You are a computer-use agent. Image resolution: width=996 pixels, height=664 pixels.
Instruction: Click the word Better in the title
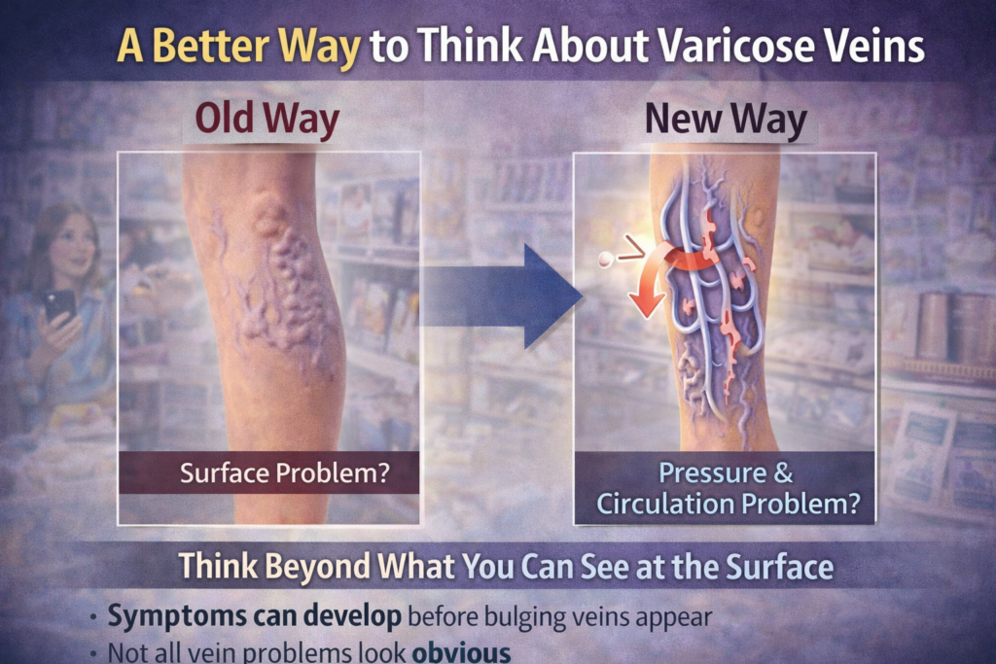click(207, 46)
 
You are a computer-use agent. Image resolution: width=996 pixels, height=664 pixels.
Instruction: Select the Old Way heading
click(267, 120)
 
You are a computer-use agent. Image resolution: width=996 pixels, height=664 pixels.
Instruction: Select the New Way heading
click(727, 120)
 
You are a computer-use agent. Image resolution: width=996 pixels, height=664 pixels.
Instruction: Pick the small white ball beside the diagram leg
click(606, 260)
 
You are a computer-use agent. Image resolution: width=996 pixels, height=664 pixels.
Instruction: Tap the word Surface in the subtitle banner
click(772, 566)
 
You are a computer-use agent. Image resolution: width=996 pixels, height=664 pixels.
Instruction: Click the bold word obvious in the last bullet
click(462, 650)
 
